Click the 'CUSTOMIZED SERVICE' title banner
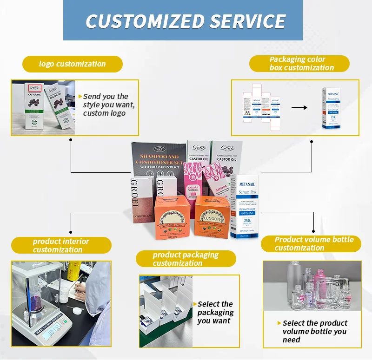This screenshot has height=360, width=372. tap(186, 21)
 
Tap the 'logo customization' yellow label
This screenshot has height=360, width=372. tap(72, 64)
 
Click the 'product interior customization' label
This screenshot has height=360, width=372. tap(61, 245)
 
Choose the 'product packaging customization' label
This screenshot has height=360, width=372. tap(186, 259)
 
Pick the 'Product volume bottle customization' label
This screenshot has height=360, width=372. tap(314, 244)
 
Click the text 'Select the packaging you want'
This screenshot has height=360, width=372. tap(215, 312)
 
